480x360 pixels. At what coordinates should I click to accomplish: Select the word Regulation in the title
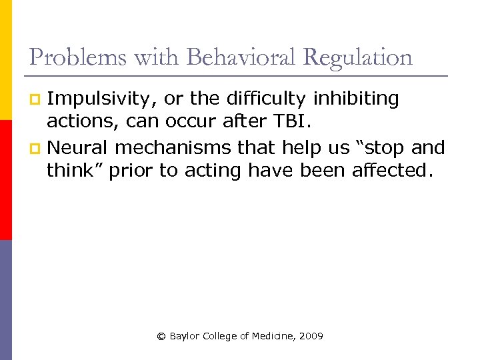click(357, 57)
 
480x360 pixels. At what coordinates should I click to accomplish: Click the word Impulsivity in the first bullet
click(102, 99)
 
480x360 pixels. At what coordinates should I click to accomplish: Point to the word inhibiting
click(356, 99)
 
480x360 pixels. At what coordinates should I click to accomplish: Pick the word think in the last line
click(73, 171)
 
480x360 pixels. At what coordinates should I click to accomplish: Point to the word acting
click(211, 171)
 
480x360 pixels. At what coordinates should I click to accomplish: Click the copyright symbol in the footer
click(161, 337)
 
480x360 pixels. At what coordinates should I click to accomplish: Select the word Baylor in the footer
click(184, 337)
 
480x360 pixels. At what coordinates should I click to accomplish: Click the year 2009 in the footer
click(311, 337)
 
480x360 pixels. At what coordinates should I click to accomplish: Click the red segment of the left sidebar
click(5, 180)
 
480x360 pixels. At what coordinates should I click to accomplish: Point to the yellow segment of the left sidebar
click(5, 60)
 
